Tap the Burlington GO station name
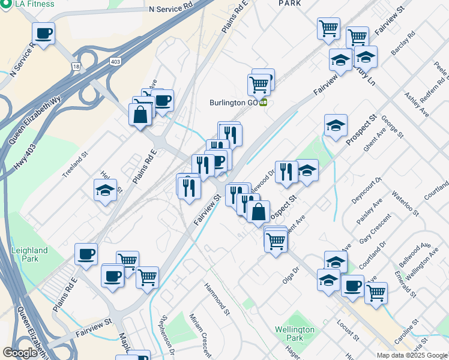tap(234, 102)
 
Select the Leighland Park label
tap(29, 254)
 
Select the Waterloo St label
tap(405, 203)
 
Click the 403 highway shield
tap(116, 61)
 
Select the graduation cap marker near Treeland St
tap(105, 191)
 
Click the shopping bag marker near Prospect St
tap(258, 212)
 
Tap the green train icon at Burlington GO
tap(263, 102)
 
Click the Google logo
tap(20, 353)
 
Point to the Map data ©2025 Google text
tap(412, 355)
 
